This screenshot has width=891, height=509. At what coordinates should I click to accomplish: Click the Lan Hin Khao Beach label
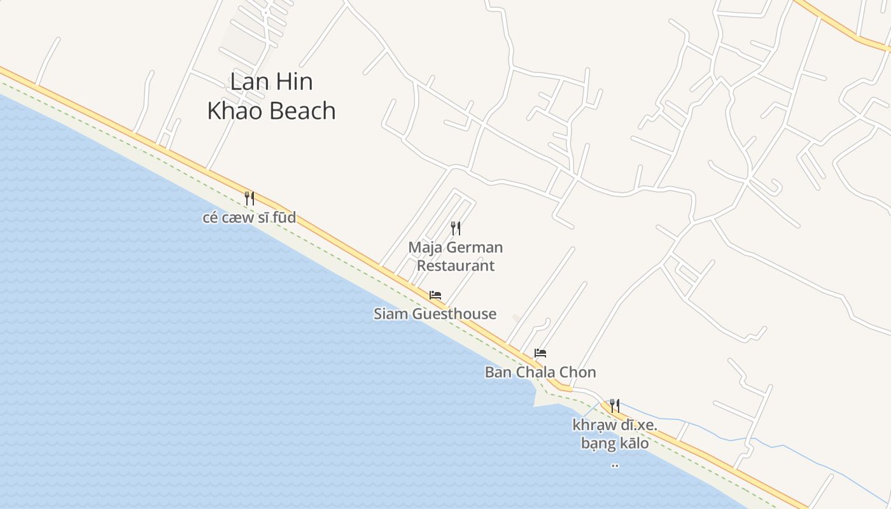coord(271,96)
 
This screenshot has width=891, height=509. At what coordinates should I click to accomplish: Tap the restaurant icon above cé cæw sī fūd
coord(249,199)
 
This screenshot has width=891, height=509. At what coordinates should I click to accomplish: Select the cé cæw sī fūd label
coord(249,218)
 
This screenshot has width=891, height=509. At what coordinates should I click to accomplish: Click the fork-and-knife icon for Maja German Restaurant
coord(456,228)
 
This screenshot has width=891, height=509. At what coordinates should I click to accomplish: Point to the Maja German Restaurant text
coord(456,256)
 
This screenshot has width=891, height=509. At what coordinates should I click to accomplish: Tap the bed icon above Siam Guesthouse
coord(435,295)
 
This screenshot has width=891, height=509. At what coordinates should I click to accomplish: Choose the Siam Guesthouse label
coord(435,314)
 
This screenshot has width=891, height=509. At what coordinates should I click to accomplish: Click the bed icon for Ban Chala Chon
coord(540,353)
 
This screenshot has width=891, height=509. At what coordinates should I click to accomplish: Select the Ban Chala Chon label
coord(540,372)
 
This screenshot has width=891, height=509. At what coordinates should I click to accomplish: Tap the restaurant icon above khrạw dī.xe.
coord(615,405)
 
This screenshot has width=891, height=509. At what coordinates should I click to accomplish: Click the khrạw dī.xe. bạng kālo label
coord(615,434)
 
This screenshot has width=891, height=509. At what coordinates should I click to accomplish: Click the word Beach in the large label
coord(302,111)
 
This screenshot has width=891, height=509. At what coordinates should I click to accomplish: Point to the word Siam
coord(391,314)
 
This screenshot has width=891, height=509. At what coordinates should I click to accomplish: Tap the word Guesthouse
coord(454,314)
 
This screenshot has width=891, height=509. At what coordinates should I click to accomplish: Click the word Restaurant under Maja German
coord(456,266)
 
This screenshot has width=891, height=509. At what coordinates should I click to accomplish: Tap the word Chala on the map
coord(536,372)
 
